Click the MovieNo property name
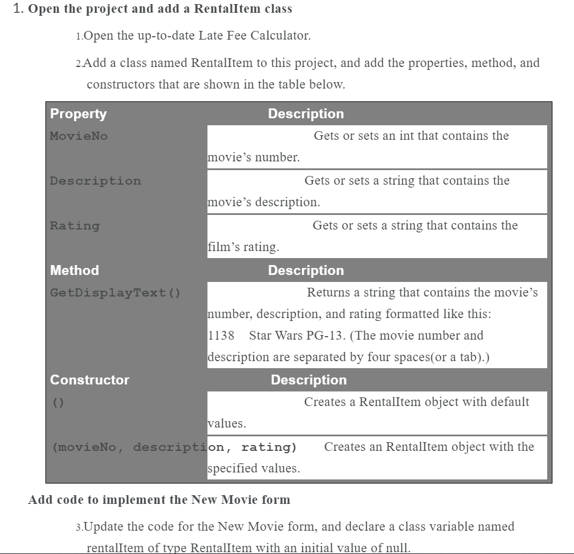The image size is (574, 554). tap(79, 136)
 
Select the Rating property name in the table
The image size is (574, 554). tap(75, 226)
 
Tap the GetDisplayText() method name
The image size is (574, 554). tap(115, 293)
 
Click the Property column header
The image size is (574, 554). tap(78, 114)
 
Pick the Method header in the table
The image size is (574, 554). tap(75, 270)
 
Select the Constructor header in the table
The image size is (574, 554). tap(90, 380)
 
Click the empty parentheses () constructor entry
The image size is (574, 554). tap(58, 403)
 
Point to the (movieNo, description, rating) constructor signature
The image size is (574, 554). tap(174, 447)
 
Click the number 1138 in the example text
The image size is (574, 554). tap(221, 336)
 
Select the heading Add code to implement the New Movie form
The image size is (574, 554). tap(159, 500)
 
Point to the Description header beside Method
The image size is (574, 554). tap(305, 270)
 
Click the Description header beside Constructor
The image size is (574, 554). tap(308, 380)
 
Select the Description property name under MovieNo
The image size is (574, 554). tap(95, 181)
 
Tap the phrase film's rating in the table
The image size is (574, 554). tap(243, 247)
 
